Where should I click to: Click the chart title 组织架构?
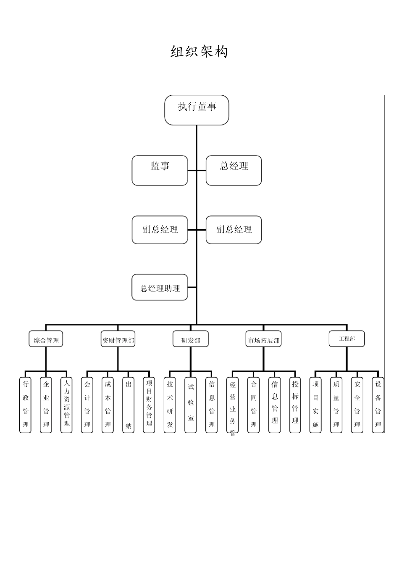click(x=199, y=52)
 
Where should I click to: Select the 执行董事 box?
click(x=197, y=110)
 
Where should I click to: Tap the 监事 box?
click(x=160, y=170)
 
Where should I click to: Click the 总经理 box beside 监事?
click(x=234, y=170)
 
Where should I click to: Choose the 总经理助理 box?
click(x=160, y=287)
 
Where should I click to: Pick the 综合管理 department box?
click(x=46, y=339)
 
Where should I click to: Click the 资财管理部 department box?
click(x=118, y=339)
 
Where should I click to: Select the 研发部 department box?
click(x=190, y=339)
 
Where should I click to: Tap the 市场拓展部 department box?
click(x=263, y=339)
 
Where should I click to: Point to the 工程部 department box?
click(x=346, y=339)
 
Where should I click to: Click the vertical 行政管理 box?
click(x=26, y=405)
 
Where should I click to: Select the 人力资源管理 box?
click(x=67, y=405)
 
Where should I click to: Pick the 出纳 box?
click(x=129, y=405)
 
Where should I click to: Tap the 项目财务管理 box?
click(x=149, y=405)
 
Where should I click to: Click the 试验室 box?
click(x=191, y=405)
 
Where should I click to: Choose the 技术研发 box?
click(x=170, y=405)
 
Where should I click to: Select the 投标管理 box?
click(x=295, y=405)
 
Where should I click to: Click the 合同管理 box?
click(x=254, y=405)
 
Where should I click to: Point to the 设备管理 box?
click(x=378, y=405)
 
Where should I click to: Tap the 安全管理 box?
click(x=357, y=405)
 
